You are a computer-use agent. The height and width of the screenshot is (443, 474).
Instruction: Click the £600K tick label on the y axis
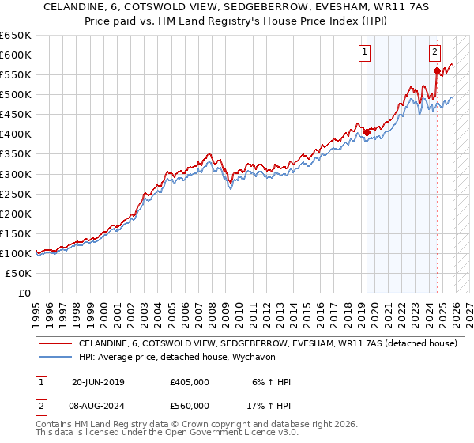pos(16,55)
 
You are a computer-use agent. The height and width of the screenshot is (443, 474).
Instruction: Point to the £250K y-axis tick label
pos(16,194)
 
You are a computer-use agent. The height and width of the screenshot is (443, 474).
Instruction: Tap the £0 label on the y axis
pos(24,293)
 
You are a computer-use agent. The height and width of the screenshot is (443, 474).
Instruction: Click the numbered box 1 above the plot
pos(365,53)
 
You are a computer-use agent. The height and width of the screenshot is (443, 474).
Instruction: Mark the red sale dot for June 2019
pos(367,132)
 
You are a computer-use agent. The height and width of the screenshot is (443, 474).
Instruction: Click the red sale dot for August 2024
pos(436,70)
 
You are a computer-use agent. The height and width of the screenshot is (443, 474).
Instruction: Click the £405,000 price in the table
pos(190,382)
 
